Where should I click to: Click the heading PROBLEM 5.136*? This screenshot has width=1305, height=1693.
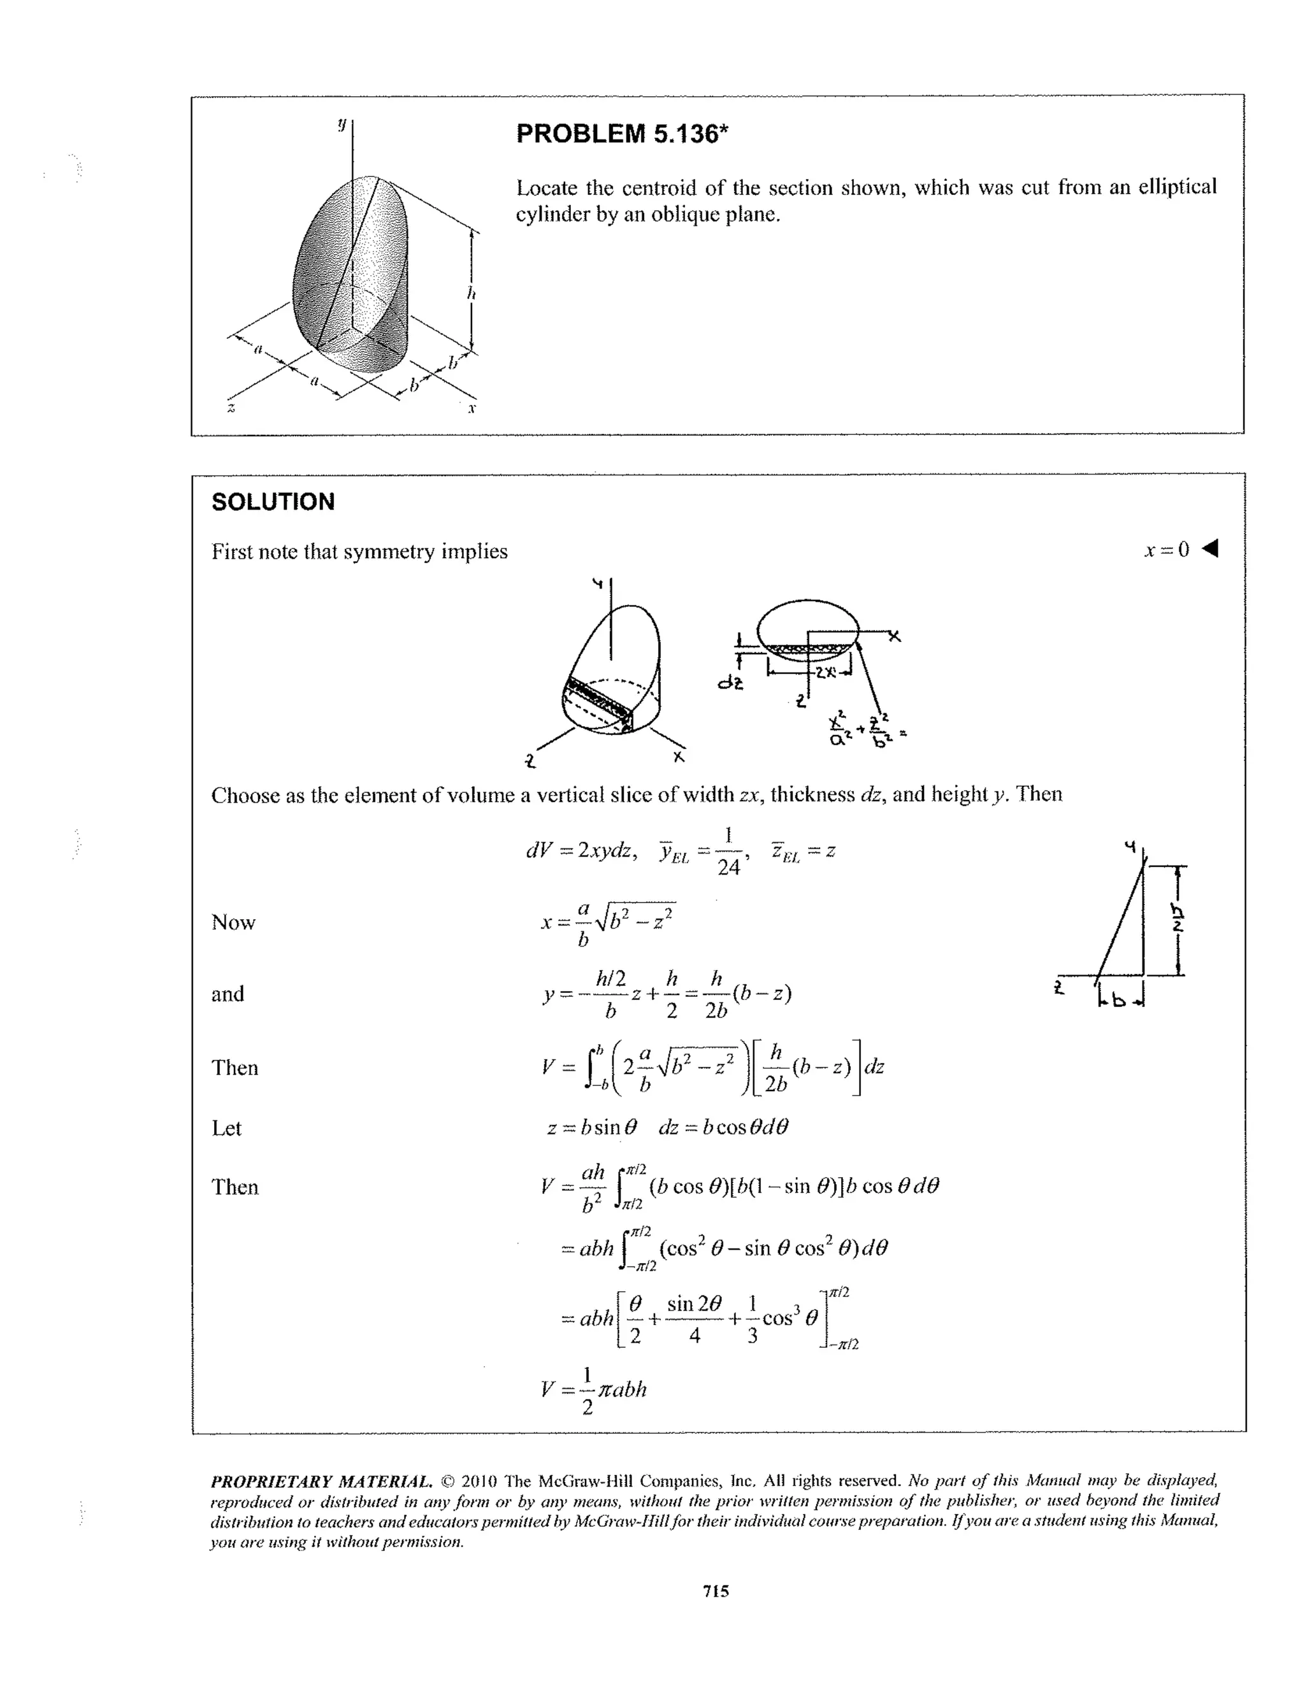click(622, 134)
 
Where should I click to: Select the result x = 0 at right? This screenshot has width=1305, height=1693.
click(1166, 550)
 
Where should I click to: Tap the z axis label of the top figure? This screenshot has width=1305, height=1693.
click(230, 407)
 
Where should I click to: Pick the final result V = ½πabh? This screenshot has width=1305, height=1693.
click(594, 1389)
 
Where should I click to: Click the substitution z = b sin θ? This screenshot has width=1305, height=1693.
click(591, 1127)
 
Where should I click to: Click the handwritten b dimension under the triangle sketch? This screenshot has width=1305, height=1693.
click(1119, 1001)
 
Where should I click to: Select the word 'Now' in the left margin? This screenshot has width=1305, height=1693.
click(233, 922)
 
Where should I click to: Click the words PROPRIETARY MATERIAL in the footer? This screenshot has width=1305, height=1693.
click(321, 1482)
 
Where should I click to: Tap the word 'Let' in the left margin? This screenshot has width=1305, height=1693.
click(226, 1128)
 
